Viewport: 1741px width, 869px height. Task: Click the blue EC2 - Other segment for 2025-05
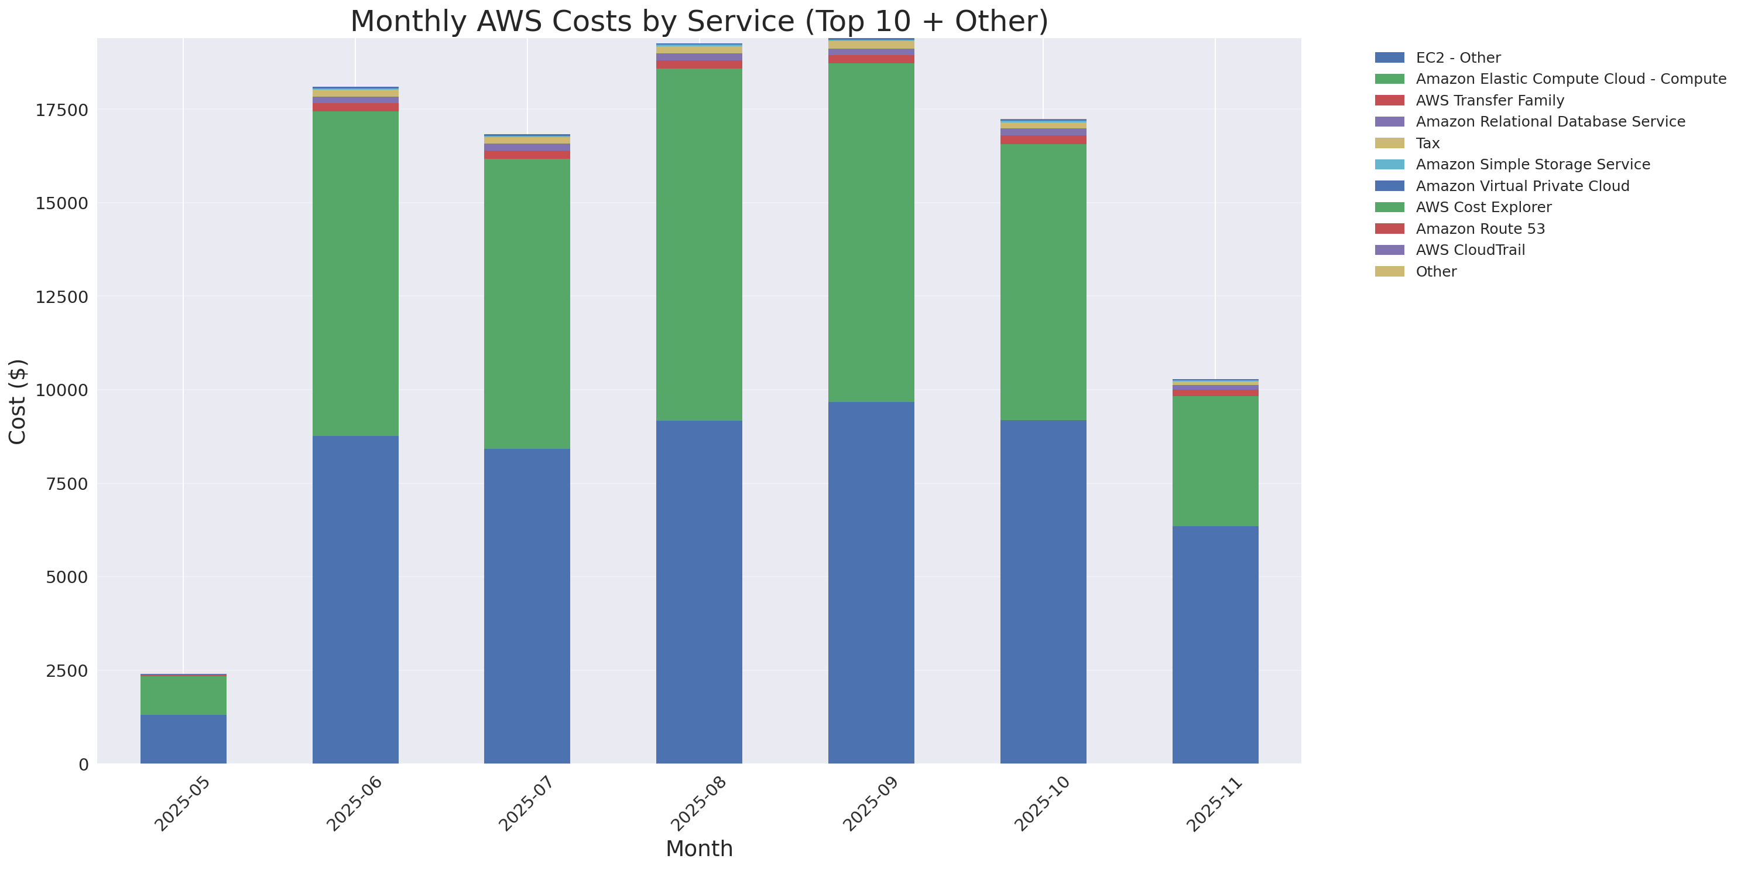[x=183, y=738]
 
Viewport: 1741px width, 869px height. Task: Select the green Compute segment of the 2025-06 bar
[x=355, y=273]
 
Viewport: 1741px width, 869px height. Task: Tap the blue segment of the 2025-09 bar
[x=871, y=582]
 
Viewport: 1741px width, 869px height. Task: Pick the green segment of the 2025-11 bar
[x=1215, y=461]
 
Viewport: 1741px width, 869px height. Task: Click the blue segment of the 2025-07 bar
[x=527, y=606]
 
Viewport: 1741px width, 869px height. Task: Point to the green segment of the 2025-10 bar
[x=1043, y=282]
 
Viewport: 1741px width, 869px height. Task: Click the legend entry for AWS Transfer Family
[x=1490, y=100]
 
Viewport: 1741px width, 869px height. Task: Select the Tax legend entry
[x=1427, y=144]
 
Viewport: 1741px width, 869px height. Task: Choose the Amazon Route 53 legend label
[x=1480, y=229]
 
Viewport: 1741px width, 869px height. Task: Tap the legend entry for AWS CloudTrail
[x=1470, y=250]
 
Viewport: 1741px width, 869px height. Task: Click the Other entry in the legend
[x=1435, y=272]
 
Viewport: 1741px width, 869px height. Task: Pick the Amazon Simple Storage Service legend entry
[x=1532, y=164]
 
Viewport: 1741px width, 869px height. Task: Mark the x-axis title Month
[x=699, y=848]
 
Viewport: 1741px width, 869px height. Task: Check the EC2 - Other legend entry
[x=1458, y=57]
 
